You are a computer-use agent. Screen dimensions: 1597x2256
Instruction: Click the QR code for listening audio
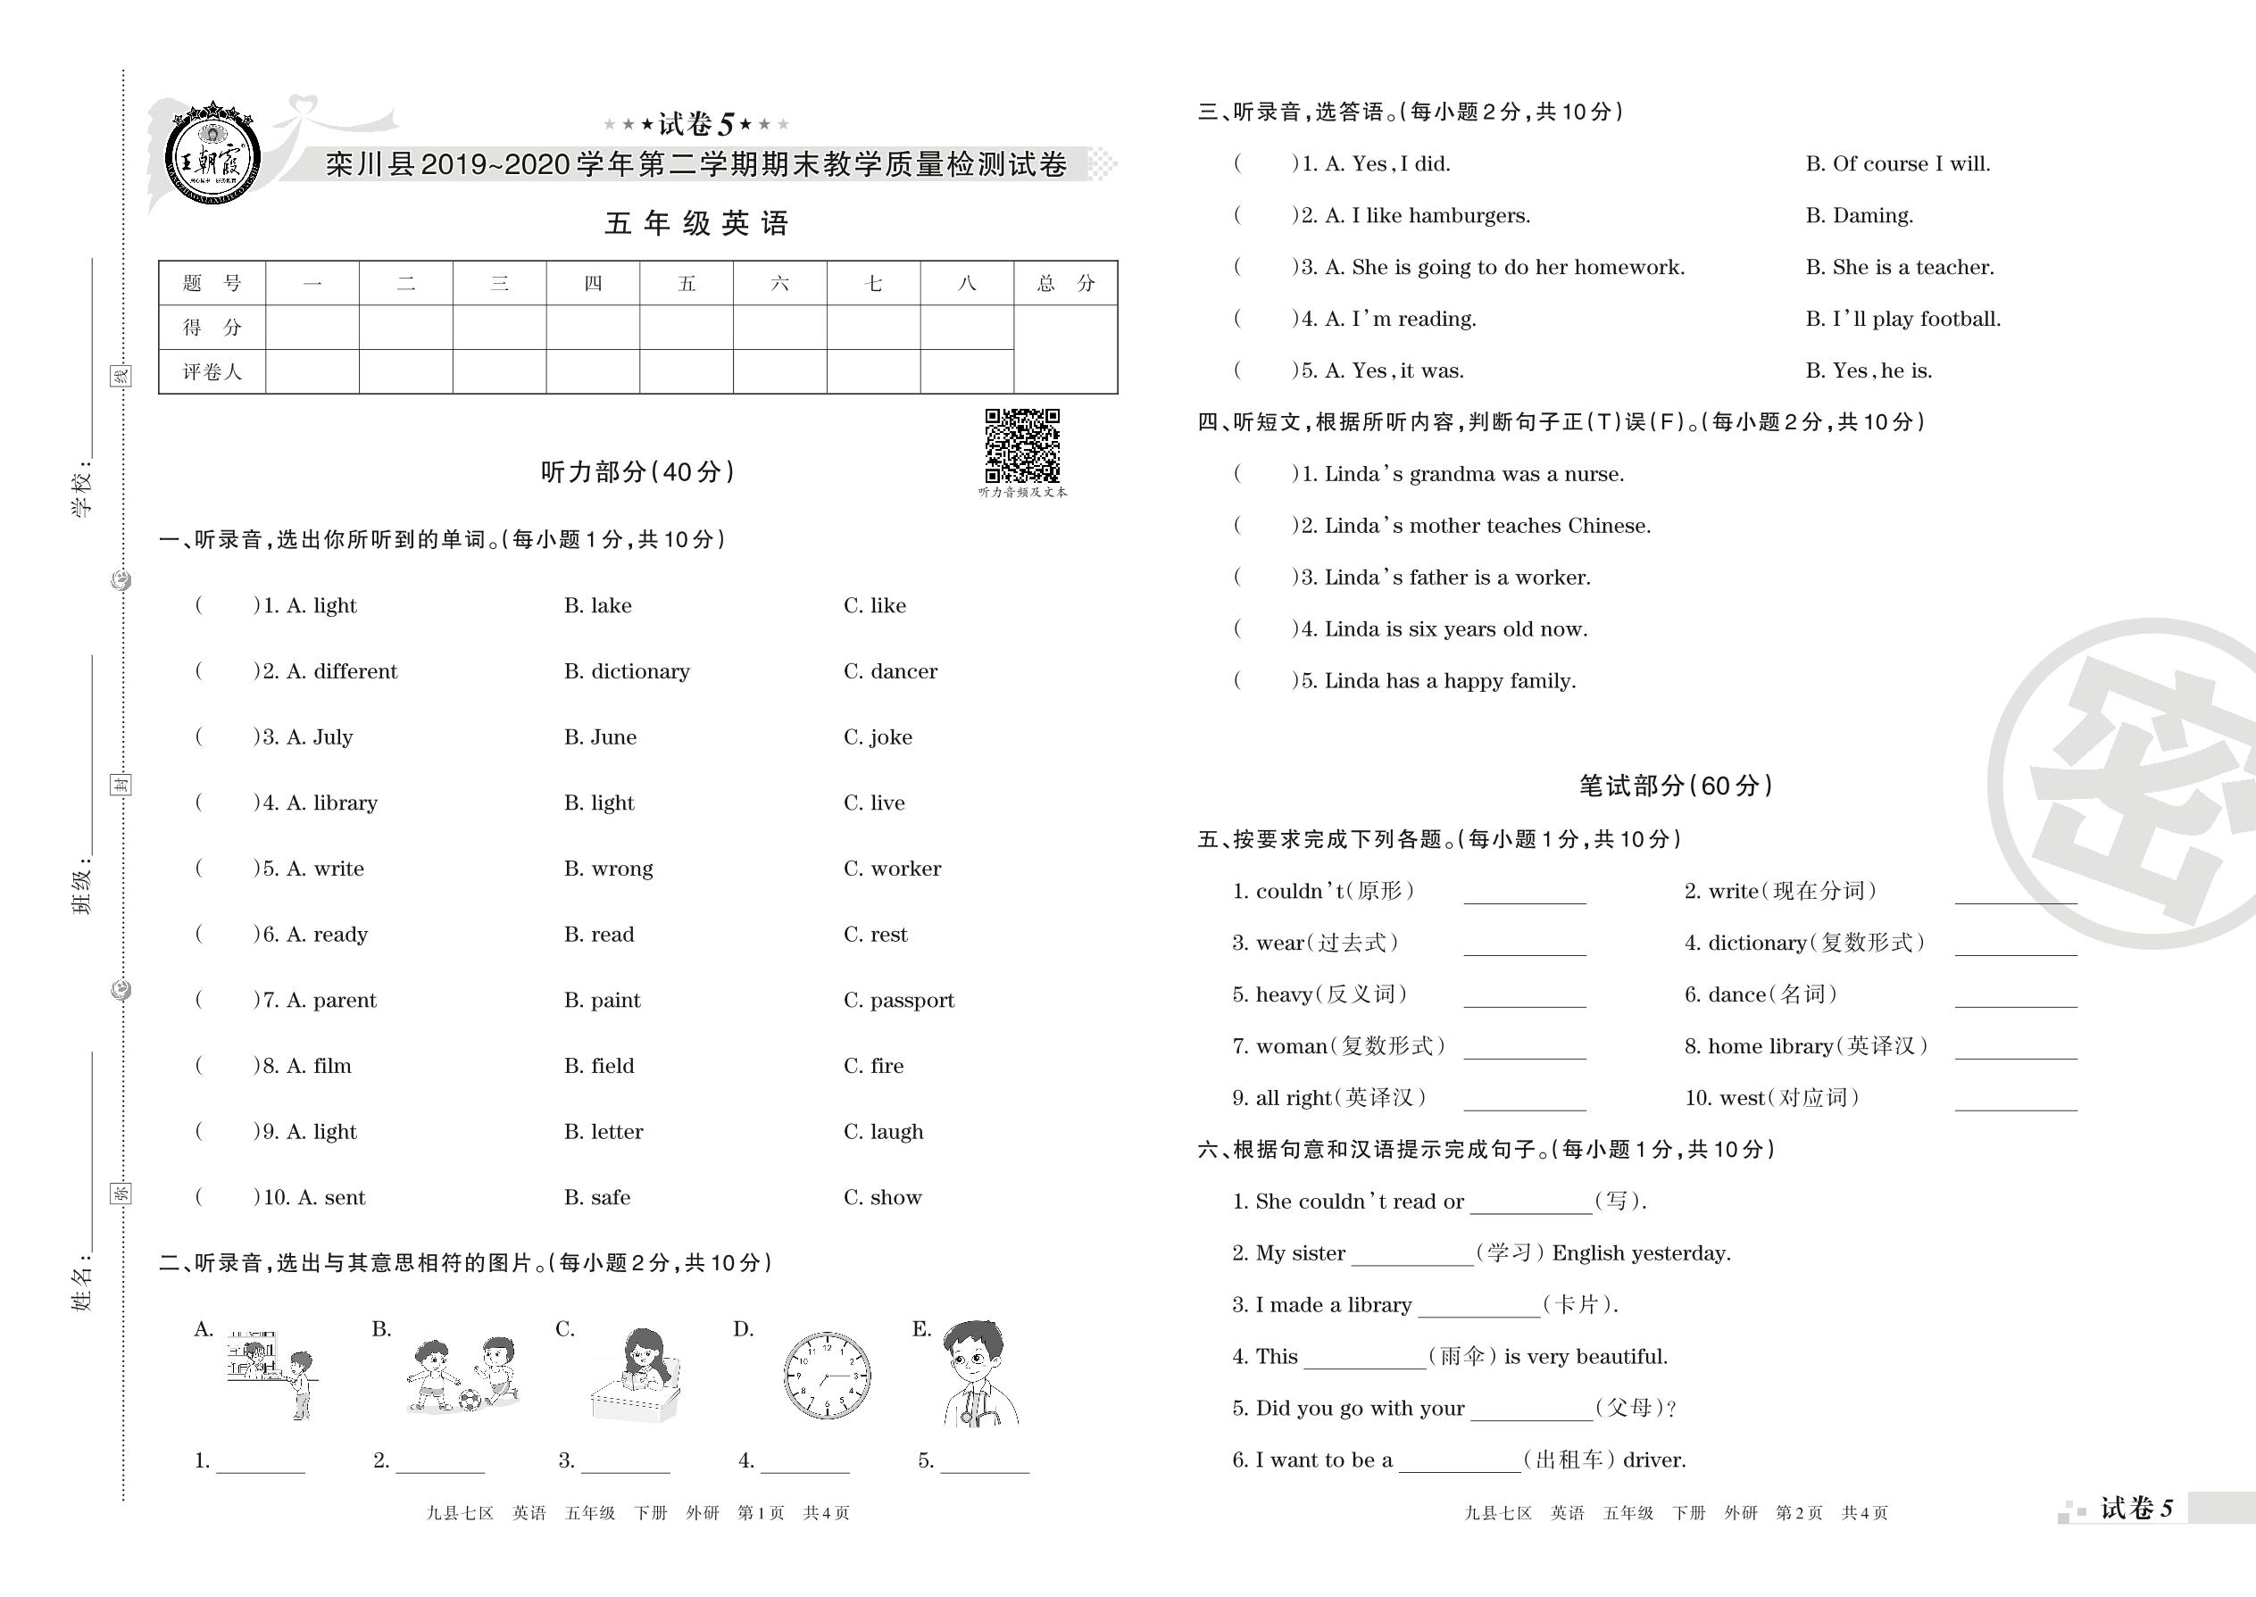(x=1022, y=445)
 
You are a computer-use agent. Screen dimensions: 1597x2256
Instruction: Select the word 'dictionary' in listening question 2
(x=639, y=671)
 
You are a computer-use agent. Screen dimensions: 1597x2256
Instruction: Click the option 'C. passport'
(x=899, y=1000)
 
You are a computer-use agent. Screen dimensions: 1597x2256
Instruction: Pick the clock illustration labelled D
(x=826, y=1375)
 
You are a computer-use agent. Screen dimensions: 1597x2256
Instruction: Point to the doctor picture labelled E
(x=976, y=1373)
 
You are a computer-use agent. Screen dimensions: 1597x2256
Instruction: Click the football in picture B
(x=471, y=1398)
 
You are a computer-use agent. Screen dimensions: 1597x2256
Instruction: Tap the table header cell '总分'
(x=1065, y=283)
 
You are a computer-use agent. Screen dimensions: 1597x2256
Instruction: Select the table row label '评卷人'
(x=212, y=371)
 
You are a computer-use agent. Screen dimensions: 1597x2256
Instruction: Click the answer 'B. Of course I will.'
(x=1897, y=164)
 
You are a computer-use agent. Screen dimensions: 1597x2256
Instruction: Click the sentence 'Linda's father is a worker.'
(x=1456, y=578)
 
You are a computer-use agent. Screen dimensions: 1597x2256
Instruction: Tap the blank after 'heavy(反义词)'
(x=1524, y=995)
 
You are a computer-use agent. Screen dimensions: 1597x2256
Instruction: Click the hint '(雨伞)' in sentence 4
(x=1461, y=1357)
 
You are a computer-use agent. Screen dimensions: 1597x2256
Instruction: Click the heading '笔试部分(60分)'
(x=1675, y=786)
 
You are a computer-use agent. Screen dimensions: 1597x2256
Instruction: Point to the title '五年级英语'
(x=696, y=224)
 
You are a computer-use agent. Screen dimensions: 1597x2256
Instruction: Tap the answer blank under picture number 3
(x=626, y=1461)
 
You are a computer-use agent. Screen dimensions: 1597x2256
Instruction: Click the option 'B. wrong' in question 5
(x=608, y=869)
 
